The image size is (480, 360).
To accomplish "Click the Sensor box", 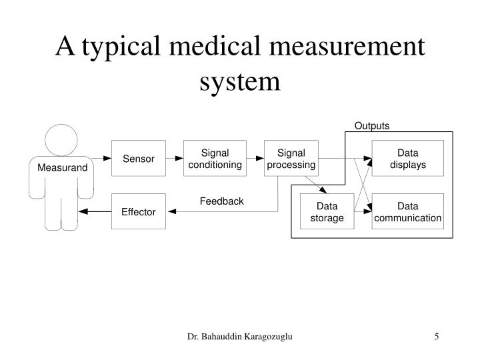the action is click(139, 158).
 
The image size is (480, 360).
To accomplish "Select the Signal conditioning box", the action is click(215, 158).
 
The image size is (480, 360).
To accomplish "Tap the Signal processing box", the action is click(291, 158).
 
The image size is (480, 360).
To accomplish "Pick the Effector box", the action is click(139, 211).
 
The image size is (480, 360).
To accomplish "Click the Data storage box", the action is click(327, 211).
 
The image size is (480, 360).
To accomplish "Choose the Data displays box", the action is click(408, 158).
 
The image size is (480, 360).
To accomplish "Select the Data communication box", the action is click(408, 211).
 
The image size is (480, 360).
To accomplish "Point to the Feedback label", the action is click(221, 201).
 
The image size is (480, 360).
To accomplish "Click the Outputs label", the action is click(372, 126).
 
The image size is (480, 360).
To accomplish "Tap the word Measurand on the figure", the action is click(63, 167).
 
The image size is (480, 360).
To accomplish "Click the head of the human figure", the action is click(61, 140).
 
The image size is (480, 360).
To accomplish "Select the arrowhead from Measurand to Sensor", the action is click(107, 158).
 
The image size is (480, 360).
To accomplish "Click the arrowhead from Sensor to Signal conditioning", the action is click(179, 158).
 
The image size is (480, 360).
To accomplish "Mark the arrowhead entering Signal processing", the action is click(260, 158).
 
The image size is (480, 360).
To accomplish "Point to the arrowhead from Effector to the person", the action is click(83, 211).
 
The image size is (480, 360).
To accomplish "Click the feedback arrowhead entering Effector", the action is click(172, 211).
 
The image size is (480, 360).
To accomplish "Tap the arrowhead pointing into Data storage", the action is click(323, 190).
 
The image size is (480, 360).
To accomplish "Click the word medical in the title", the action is click(215, 46).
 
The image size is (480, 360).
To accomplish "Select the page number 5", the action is click(437, 337).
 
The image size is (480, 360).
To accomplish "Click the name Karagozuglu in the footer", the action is click(269, 337).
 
